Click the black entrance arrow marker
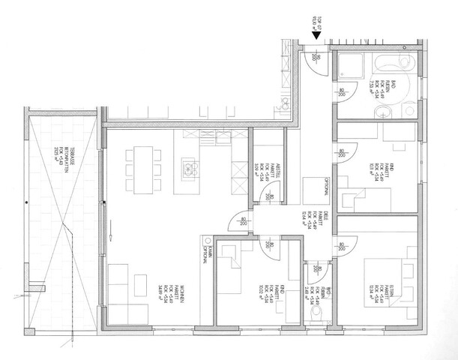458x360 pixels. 317,33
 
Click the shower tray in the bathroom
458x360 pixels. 347,63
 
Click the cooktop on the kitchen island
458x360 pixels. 187,168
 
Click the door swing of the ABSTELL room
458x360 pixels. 266,193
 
